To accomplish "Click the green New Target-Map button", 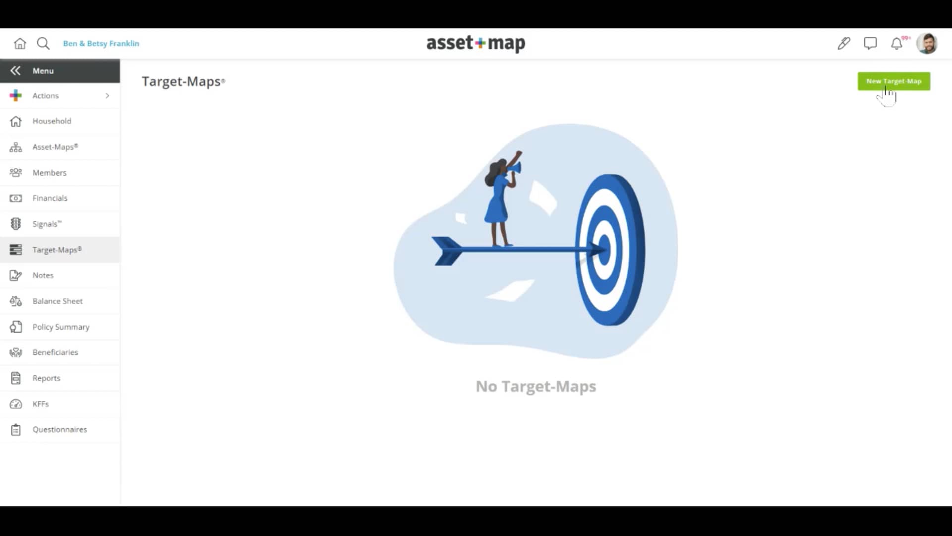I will [x=893, y=81].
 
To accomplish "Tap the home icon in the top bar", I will [x=20, y=44].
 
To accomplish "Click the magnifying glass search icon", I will [x=43, y=44].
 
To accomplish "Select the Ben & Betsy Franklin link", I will [x=101, y=44].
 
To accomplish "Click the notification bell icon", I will [x=896, y=44].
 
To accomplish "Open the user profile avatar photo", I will [x=926, y=44].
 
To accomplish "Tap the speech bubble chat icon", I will [x=870, y=44].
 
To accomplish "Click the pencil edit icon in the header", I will [x=843, y=44].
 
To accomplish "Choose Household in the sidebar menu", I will [x=52, y=121].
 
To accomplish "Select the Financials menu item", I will [x=50, y=198].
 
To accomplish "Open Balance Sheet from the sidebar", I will [x=58, y=301].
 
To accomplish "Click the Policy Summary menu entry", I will [x=61, y=327].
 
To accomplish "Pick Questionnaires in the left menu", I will [x=59, y=430].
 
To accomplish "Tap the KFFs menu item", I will [x=41, y=404].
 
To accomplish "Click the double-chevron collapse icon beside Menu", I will [x=15, y=71].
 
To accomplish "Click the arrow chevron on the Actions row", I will [x=107, y=96].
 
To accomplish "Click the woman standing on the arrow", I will [x=500, y=199].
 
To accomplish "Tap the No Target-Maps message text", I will [x=535, y=386].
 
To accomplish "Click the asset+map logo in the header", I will [x=476, y=44].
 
